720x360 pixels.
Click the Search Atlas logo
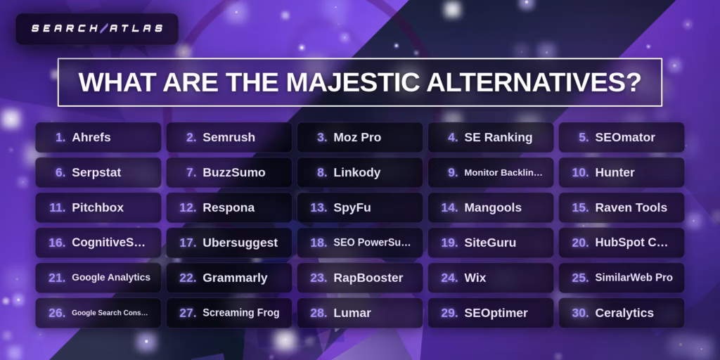pos(97,29)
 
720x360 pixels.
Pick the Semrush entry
pos(229,137)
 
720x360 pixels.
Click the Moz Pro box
pos(359,137)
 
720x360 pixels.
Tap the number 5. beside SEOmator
pos(584,137)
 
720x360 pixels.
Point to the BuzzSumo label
pos(233,172)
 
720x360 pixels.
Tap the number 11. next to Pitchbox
pos(58,207)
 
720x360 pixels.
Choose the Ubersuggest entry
pos(240,243)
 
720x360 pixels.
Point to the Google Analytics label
pos(110,278)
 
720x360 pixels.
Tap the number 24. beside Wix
pos(449,278)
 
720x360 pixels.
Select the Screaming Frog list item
pos(240,313)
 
